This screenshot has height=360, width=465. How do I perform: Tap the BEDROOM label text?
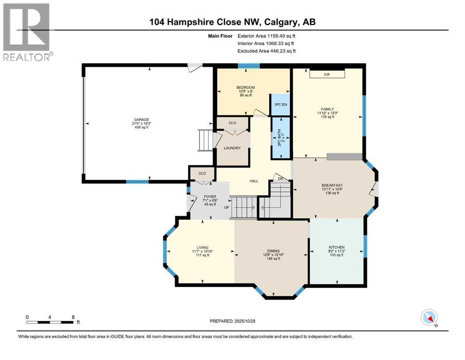[x=245, y=88]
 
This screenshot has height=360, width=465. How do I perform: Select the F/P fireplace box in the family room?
[x=327, y=75]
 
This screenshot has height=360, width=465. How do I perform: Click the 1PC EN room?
[x=280, y=105]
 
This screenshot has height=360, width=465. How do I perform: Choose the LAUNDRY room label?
[x=232, y=148]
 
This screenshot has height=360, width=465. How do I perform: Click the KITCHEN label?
[x=336, y=247]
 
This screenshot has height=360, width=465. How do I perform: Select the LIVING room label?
[x=202, y=247]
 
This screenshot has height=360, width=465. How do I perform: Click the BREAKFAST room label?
[x=332, y=185]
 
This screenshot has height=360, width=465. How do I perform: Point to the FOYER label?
[x=209, y=197]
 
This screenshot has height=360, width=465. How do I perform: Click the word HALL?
[x=253, y=180]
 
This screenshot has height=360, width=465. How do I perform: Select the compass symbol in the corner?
[x=429, y=317]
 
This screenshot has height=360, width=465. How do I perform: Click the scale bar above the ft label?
[x=50, y=322]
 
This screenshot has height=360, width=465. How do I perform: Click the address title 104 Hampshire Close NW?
[x=232, y=22]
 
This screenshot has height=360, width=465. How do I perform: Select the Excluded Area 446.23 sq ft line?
[x=266, y=51]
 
